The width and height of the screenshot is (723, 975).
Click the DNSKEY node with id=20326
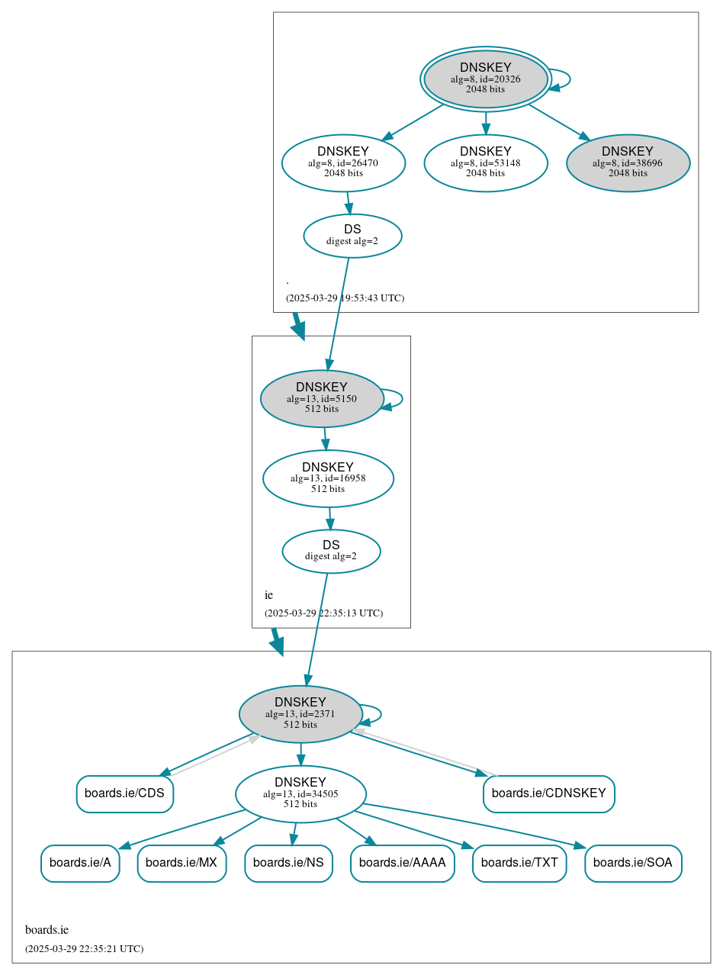(x=486, y=79)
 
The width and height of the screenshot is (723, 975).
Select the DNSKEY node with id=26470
(x=343, y=162)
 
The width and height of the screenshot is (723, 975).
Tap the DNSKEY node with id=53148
(x=486, y=162)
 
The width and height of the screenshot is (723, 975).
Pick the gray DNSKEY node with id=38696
(x=628, y=162)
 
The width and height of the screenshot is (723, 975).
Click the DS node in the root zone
(x=352, y=236)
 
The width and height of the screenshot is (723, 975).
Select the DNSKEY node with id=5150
(x=322, y=398)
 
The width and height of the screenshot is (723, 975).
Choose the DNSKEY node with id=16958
(x=328, y=478)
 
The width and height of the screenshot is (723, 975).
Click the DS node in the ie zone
(x=331, y=551)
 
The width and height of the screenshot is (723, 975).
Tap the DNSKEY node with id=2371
(x=300, y=714)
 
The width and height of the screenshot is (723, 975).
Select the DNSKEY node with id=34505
(x=300, y=794)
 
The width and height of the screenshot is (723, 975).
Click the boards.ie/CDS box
(x=125, y=793)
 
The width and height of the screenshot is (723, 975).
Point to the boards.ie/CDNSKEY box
(x=549, y=793)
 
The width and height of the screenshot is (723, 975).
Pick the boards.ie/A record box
(x=80, y=863)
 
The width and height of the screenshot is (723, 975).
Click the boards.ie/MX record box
(x=182, y=863)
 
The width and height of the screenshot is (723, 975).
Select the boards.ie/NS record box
(x=288, y=863)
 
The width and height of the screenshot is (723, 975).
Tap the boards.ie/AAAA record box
(x=403, y=863)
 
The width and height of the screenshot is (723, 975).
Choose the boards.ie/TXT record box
(x=519, y=863)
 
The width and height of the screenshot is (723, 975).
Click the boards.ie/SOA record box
(x=633, y=863)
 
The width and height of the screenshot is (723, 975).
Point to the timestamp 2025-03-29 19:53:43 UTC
(x=345, y=298)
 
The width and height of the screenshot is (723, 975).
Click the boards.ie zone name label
(x=47, y=930)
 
